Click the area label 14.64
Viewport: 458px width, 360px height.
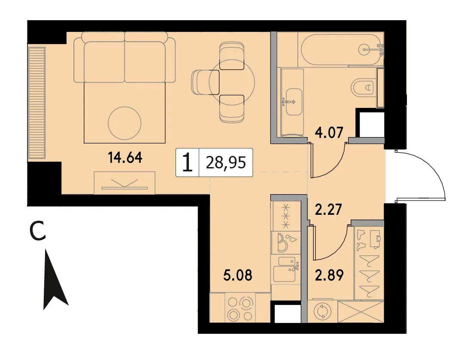(125, 158)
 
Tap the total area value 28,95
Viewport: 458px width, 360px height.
(226, 162)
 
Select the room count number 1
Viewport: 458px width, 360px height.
(187, 163)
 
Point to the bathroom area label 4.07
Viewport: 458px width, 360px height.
(329, 132)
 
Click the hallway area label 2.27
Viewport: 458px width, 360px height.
(329, 210)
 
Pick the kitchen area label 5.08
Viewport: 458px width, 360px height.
(237, 275)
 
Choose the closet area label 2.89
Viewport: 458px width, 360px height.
(329, 275)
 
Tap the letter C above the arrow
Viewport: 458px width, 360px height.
(38, 231)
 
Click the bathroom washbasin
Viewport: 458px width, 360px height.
(294, 102)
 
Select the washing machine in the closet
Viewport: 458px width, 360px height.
(323, 311)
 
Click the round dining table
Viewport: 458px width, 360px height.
(232, 83)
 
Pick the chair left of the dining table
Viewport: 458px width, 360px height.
(205, 82)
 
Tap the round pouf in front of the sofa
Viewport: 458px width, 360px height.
(125, 123)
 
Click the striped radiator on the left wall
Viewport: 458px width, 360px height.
(37, 103)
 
